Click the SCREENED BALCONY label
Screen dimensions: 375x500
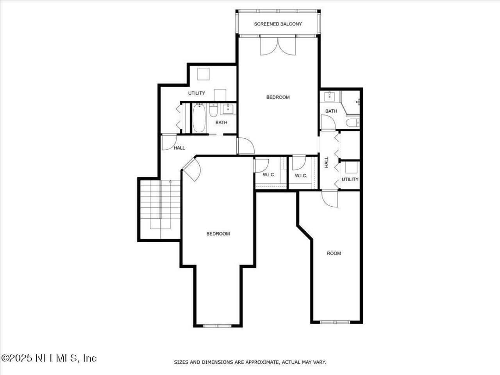[x=278, y=24]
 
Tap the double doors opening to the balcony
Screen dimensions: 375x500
[x=278, y=45]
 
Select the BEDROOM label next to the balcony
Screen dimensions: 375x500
[x=278, y=97]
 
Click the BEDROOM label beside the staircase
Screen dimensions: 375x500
[x=218, y=234]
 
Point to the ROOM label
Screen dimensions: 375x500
[x=334, y=253]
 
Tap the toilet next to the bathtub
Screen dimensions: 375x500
[x=213, y=111]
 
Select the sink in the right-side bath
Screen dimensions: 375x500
[x=330, y=96]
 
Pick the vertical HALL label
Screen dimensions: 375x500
[x=327, y=162]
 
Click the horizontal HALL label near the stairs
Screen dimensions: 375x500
[x=179, y=148]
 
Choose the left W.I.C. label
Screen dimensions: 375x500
[x=269, y=175]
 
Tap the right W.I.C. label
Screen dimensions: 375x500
[x=301, y=176]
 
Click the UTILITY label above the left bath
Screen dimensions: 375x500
[x=196, y=93]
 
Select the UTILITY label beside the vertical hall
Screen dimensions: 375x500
[x=350, y=179]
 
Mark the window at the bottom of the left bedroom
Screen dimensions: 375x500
[x=218, y=325]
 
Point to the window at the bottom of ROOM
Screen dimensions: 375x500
[x=335, y=322]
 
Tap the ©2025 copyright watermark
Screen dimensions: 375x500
[x=49, y=358]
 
